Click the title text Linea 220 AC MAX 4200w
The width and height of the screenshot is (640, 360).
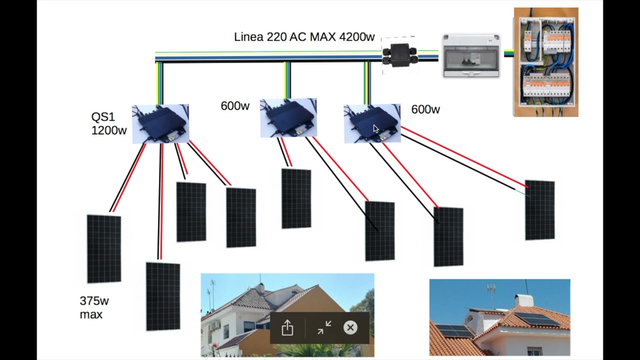[304, 37]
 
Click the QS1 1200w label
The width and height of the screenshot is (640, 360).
[108, 123]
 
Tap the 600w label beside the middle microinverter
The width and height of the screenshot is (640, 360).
[235, 106]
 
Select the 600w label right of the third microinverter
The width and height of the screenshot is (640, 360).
[425, 109]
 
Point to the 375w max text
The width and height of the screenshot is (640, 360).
[94, 307]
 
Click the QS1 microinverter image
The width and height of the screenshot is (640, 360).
[160, 124]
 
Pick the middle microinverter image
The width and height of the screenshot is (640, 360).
[288, 118]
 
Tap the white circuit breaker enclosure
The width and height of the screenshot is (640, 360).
[471, 55]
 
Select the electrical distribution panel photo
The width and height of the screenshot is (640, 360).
[546, 62]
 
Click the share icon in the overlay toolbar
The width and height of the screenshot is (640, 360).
[287, 328]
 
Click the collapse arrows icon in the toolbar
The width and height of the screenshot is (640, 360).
[324, 328]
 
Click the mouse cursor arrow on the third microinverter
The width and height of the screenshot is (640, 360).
[376, 129]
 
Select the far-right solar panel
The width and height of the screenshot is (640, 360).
[539, 210]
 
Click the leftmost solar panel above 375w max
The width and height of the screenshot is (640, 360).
[104, 249]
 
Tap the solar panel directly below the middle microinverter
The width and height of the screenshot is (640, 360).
[296, 198]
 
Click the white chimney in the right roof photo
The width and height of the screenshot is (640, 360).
[524, 300]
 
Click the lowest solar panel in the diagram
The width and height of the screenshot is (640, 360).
[163, 296]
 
